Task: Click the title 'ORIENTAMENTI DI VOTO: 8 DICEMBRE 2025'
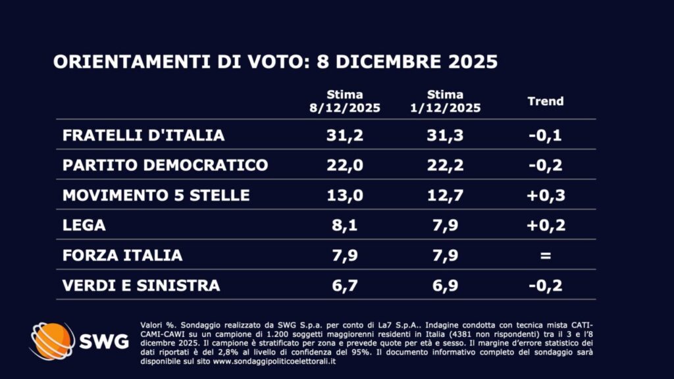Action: (x=274, y=62)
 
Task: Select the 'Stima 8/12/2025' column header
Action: (x=345, y=101)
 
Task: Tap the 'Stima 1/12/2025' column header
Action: (x=445, y=101)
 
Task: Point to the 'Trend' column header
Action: (x=546, y=101)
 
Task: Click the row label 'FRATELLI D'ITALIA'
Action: (x=143, y=135)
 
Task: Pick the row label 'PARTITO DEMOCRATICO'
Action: (x=165, y=164)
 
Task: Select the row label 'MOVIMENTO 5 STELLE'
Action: (x=156, y=195)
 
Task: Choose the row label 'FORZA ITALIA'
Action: (x=122, y=255)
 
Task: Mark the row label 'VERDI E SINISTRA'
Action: (x=141, y=285)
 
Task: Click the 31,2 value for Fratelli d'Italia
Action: (x=345, y=135)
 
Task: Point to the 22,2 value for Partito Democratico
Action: (x=445, y=164)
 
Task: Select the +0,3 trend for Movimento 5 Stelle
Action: (x=546, y=195)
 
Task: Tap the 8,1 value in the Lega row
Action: (x=345, y=225)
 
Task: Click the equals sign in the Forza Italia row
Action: (x=546, y=255)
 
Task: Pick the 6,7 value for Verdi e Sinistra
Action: (x=345, y=285)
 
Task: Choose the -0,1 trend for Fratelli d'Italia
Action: (x=546, y=135)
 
